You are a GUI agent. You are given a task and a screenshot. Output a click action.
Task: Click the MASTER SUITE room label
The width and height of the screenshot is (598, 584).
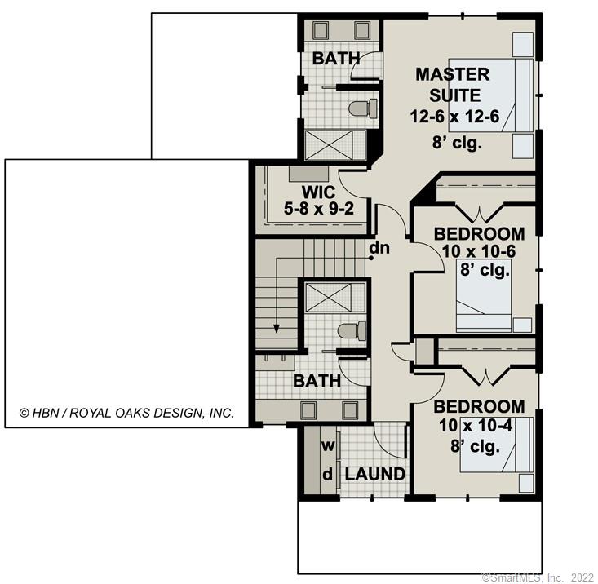coord(453,84)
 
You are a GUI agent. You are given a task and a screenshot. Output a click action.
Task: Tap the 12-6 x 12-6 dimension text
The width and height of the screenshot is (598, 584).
coord(454,116)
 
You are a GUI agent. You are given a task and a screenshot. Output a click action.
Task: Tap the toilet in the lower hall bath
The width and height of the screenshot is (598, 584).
coord(351,330)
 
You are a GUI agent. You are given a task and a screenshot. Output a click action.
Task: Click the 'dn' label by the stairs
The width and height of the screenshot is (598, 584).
coord(379,247)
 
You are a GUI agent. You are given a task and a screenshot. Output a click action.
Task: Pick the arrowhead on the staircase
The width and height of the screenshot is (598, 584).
coord(277,329)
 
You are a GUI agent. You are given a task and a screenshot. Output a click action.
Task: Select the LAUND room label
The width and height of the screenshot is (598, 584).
coord(374,474)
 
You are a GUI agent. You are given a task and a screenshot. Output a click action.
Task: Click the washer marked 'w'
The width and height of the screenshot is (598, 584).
coord(328,446)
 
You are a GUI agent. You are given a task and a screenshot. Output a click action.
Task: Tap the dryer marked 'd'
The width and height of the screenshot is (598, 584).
coord(328,474)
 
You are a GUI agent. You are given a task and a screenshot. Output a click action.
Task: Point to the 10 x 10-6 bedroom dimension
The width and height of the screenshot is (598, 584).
coord(480,252)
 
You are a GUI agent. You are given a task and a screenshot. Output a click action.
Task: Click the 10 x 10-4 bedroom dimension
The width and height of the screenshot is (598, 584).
coord(479,425)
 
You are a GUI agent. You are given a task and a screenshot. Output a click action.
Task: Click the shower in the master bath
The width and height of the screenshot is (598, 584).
coord(335,144)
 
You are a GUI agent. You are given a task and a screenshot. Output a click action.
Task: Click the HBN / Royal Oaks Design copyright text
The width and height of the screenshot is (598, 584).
coord(126,413)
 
